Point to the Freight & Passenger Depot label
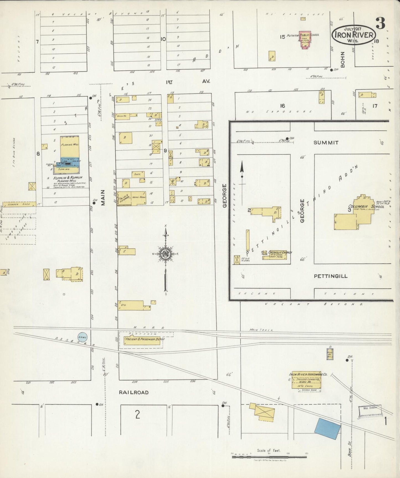click(x=144, y=339)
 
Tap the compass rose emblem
click(x=166, y=253)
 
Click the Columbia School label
click(x=366, y=207)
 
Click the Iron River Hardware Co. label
click(x=308, y=374)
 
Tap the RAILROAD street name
click(x=134, y=392)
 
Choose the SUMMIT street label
click(x=326, y=143)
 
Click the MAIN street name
click(x=103, y=197)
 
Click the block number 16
click(x=282, y=106)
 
